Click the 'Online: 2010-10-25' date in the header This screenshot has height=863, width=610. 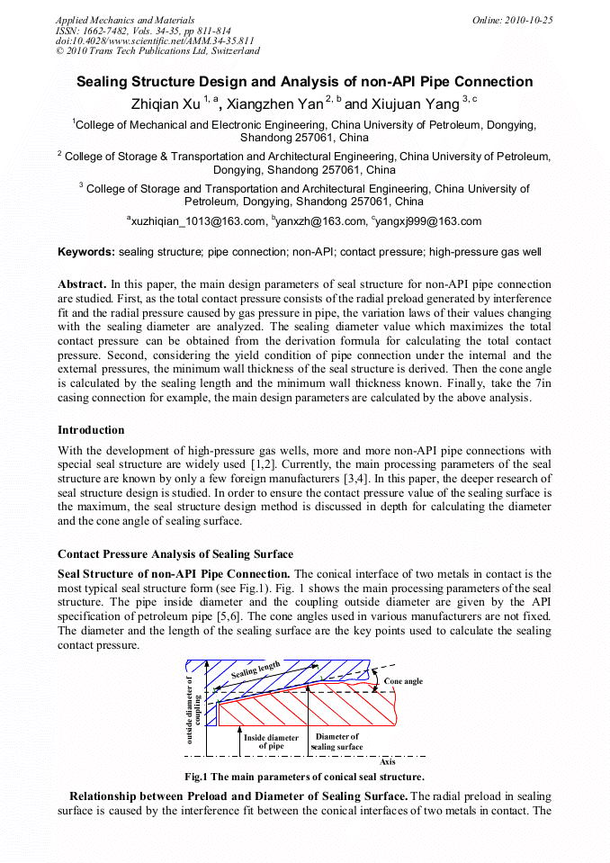(x=512, y=20)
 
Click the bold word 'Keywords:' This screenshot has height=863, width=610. (x=86, y=252)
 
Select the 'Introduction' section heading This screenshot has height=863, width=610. (x=91, y=430)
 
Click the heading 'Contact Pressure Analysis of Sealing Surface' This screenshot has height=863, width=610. (x=175, y=554)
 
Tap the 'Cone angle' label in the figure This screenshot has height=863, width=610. (x=403, y=681)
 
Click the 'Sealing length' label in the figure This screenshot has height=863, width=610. (x=256, y=670)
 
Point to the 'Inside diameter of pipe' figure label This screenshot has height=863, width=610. (x=271, y=742)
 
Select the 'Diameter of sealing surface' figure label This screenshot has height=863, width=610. (x=336, y=742)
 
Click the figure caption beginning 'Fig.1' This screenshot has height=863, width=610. (x=304, y=777)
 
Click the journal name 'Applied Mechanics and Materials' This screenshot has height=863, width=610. (x=125, y=20)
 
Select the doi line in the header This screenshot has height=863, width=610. (x=155, y=41)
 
